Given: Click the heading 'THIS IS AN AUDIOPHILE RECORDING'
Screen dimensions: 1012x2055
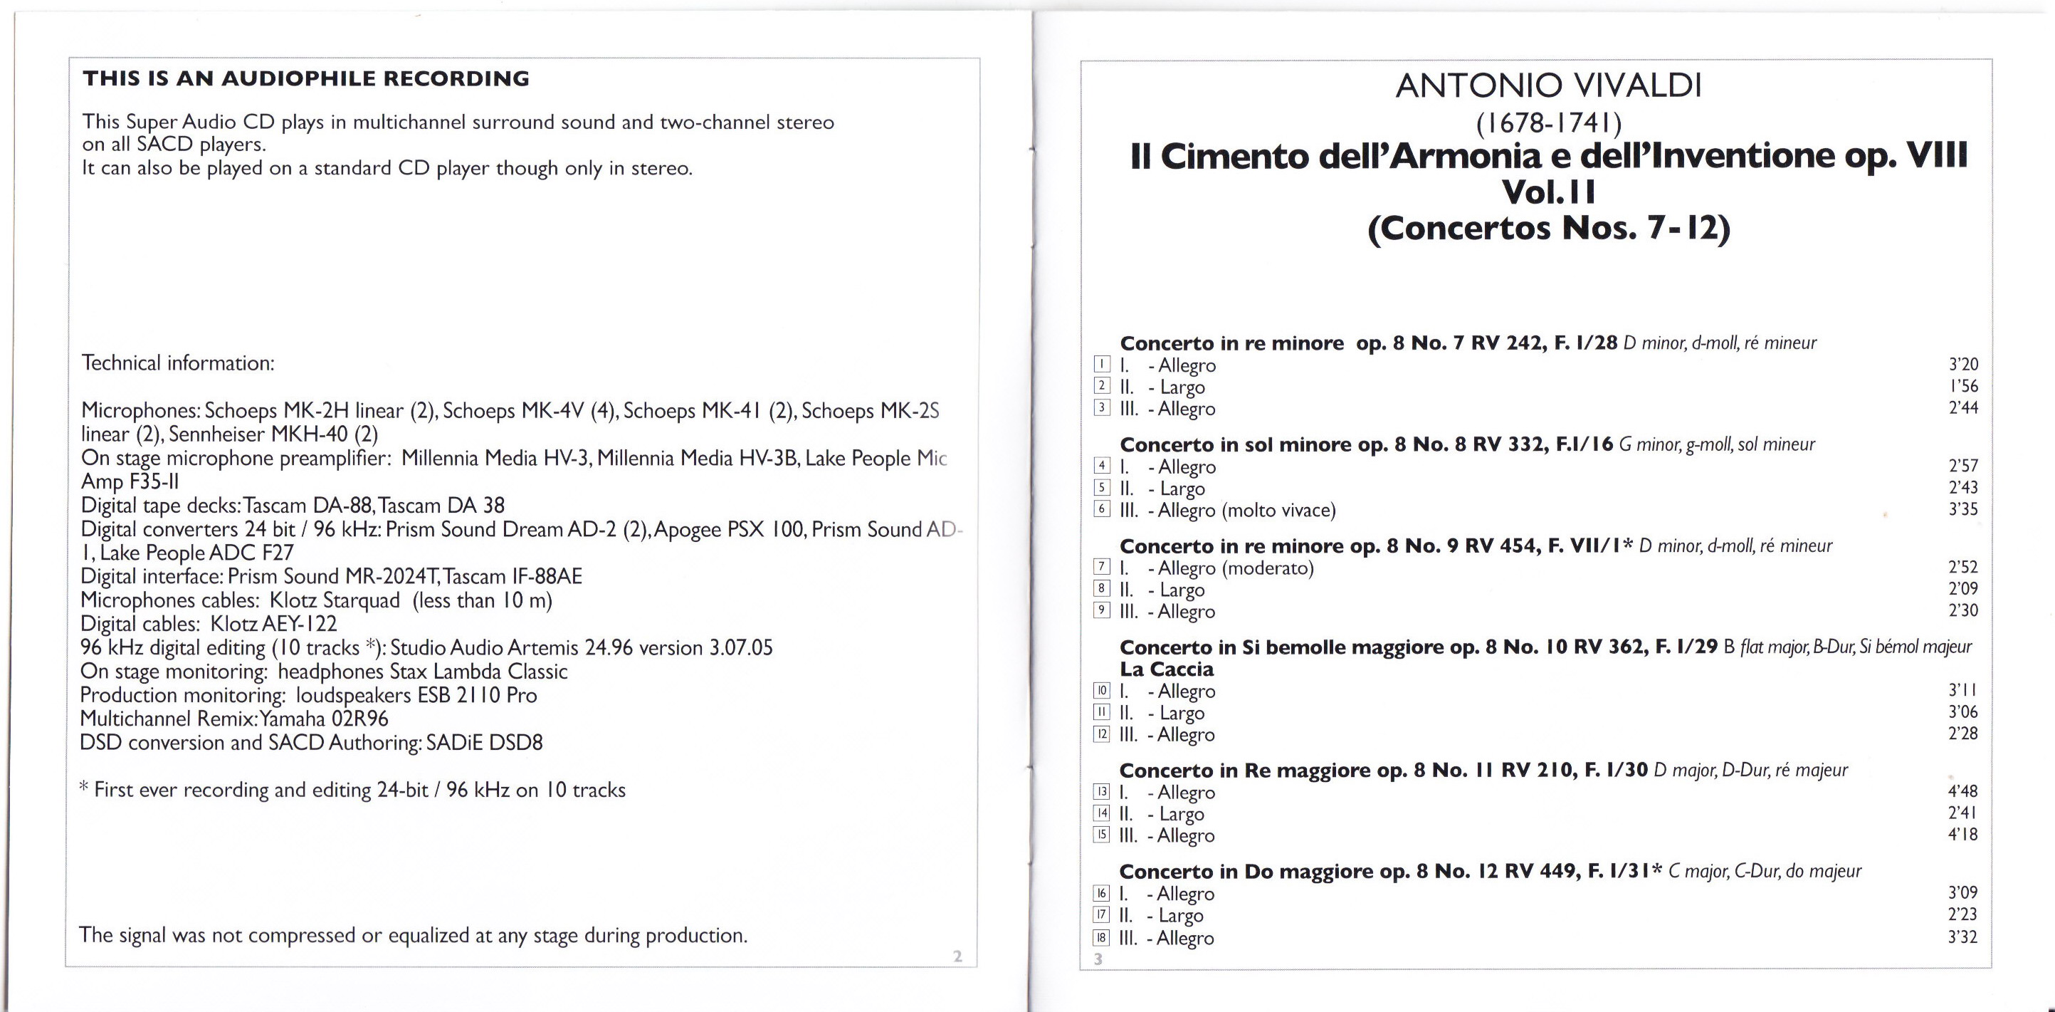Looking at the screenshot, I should (305, 79).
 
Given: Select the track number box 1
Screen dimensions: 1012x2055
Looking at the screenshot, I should (1102, 365).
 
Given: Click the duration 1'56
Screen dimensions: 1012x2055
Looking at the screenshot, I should (1963, 386).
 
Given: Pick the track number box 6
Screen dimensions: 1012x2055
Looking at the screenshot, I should (1102, 509).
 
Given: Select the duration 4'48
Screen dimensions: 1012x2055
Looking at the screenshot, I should (1962, 791).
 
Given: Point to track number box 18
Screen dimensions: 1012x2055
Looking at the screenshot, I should (1101, 938).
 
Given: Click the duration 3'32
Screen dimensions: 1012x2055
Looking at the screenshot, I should (1962, 937).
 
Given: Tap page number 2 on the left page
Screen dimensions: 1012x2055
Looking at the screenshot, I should (958, 956).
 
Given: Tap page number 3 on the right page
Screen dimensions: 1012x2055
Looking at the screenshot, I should (1098, 959).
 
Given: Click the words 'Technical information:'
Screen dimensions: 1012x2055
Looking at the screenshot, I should (177, 363).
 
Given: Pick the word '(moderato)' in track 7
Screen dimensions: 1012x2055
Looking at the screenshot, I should (1268, 568).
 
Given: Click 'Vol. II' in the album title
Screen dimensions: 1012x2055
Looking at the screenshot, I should (1548, 192).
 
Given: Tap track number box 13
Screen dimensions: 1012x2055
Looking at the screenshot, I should (1101, 792).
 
